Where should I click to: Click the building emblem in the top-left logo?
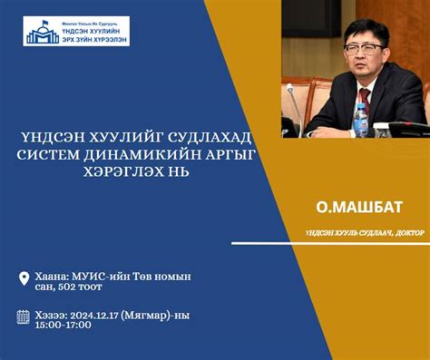coord(43,33)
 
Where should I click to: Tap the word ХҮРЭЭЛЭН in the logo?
coord(103,39)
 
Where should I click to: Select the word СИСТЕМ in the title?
coord(54,156)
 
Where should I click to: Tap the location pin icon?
coord(24,278)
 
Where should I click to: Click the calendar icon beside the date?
coord(24,316)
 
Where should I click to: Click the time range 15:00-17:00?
coord(64,325)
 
